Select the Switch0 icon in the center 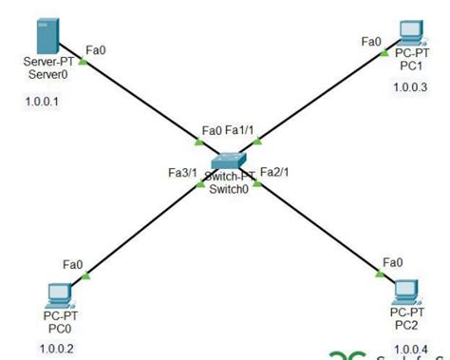click(229, 162)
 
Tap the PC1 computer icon click(410, 32)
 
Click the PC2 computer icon click(407, 288)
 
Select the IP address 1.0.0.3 click(411, 88)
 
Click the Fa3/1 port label click(182, 173)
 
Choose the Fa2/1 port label click(274, 172)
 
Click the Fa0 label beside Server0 click(96, 48)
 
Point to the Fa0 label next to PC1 click(371, 41)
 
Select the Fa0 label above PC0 click(72, 263)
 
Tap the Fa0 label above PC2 click(391, 262)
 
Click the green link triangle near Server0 click(84, 63)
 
